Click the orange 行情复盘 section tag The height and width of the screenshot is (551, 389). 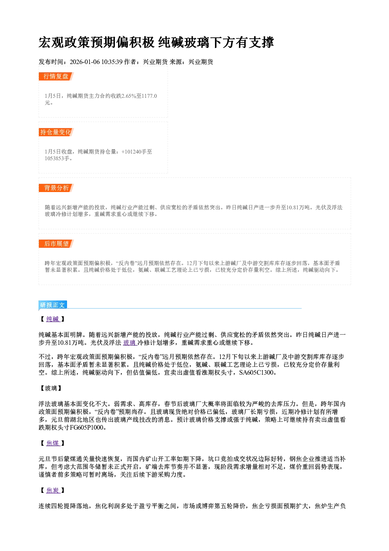(x=56, y=76)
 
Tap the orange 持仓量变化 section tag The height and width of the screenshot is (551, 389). (x=56, y=132)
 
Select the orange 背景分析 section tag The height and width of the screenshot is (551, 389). (x=56, y=188)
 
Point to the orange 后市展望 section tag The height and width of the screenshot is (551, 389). (x=56, y=244)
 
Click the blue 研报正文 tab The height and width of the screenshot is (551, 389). (x=53, y=305)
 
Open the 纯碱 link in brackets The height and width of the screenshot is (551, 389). (x=53, y=319)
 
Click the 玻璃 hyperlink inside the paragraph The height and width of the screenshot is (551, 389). (x=130, y=342)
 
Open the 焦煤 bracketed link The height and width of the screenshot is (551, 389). (x=53, y=443)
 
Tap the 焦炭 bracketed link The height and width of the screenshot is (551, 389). (x=53, y=491)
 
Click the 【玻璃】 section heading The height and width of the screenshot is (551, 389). (x=51, y=388)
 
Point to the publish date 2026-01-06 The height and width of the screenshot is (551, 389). (x=85, y=62)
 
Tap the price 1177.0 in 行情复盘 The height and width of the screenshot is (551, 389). (x=149, y=96)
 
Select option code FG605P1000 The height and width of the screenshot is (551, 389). (x=87, y=428)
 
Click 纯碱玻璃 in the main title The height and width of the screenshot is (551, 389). (x=184, y=42)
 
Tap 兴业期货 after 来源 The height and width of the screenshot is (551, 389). (x=201, y=62)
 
